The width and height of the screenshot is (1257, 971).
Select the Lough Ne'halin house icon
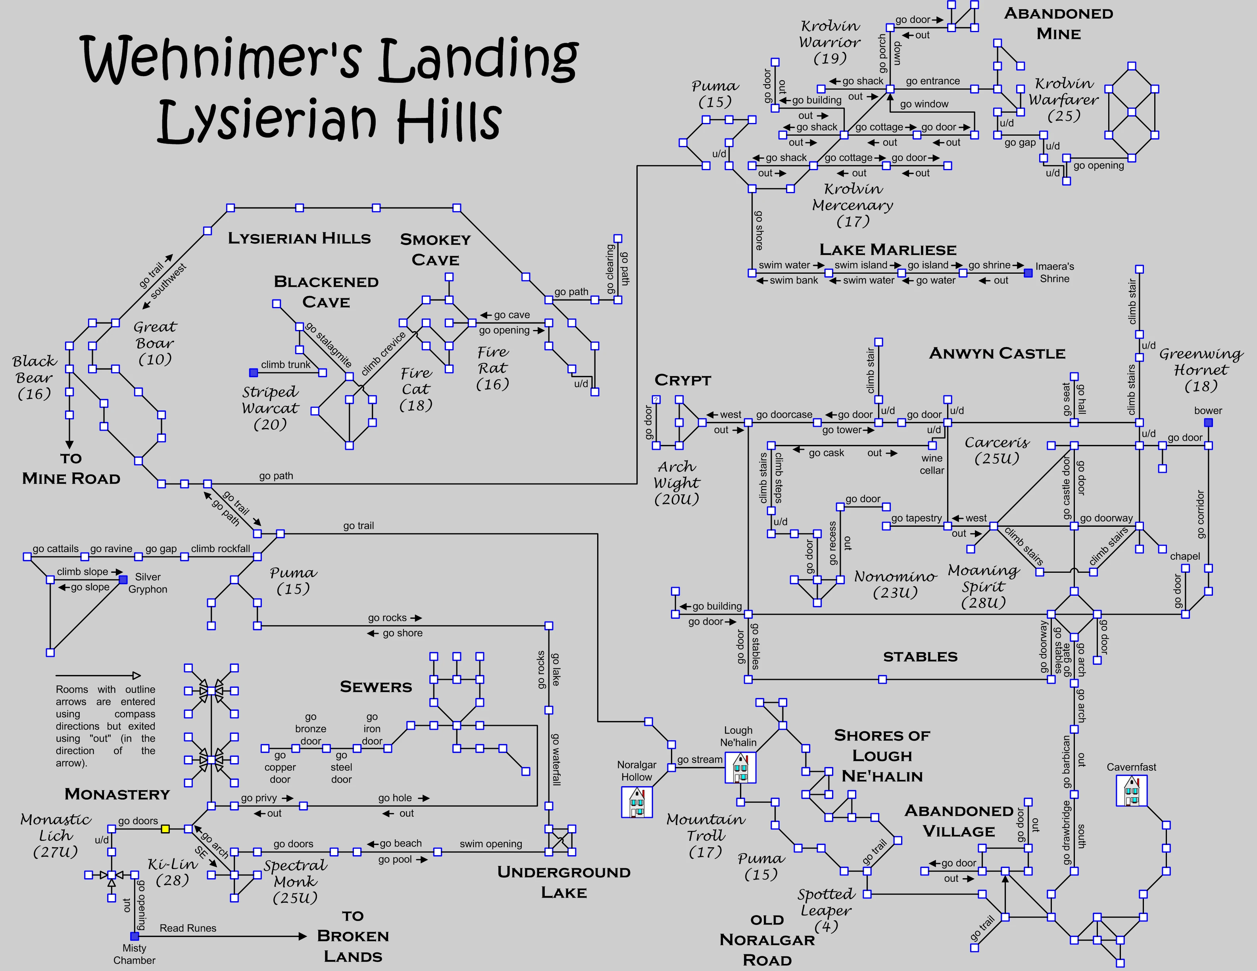point(740,768)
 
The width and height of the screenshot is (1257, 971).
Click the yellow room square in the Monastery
point(165,829)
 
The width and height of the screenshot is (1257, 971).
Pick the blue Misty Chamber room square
point(135,936)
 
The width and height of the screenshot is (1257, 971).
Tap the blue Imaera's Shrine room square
point(1028,272)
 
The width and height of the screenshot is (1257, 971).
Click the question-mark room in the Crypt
point(656,399)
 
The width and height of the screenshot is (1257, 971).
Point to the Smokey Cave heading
point(435,249)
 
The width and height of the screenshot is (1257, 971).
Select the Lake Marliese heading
point(888,249)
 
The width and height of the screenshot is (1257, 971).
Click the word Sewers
point(376,687)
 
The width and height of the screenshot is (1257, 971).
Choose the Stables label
point(920,657)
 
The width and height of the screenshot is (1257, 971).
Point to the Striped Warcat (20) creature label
point(270,408)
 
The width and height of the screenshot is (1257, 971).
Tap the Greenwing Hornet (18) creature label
point(1201,370)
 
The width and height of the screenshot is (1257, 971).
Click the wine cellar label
point(932,464)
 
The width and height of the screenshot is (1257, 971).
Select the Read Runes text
point(188,928)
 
